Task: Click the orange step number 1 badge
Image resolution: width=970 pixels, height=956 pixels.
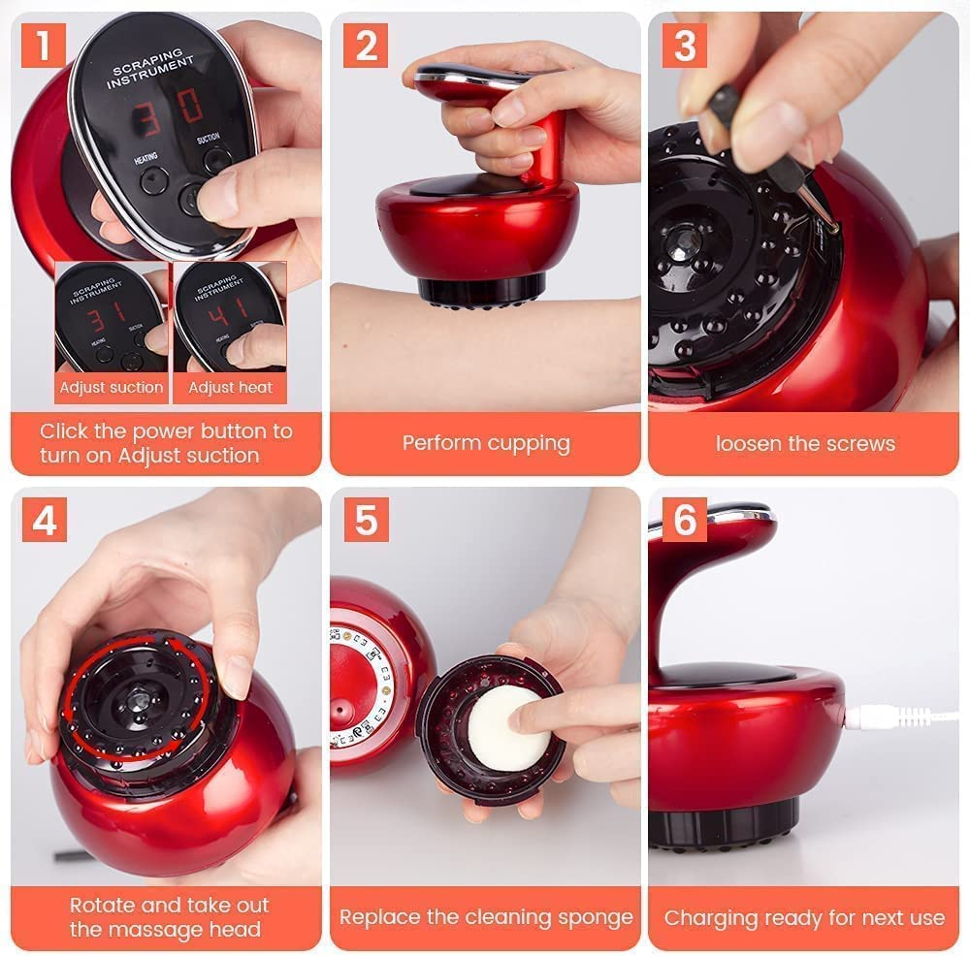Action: [44, 46]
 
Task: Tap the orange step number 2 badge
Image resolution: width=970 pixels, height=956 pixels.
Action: [365, 46]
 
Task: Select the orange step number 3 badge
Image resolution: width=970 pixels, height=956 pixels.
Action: [684, 46]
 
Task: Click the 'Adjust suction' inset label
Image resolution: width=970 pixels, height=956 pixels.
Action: [112, 388]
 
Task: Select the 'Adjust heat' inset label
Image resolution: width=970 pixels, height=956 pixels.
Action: [230, 388]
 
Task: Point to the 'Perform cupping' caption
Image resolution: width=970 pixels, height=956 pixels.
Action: [486, 443]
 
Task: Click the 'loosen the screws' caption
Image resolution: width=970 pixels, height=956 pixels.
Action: [804, 443]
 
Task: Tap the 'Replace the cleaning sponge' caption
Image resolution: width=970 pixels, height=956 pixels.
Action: [486, 917]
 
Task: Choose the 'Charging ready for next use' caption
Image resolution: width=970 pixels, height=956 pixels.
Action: [804, 917]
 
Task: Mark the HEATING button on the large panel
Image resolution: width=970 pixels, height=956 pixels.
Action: [153, 179]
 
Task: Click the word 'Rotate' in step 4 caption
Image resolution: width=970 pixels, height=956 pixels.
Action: [104, 906]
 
